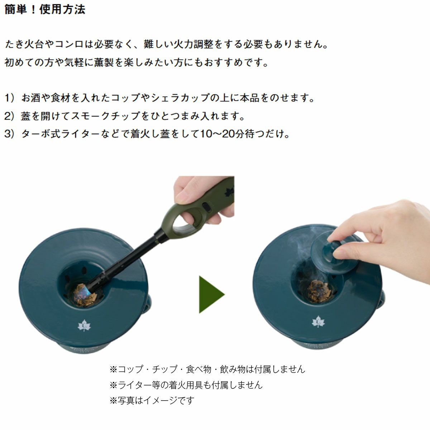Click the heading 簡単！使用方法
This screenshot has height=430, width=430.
click(45, 10)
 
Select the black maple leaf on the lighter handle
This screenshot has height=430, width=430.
click(230, 191)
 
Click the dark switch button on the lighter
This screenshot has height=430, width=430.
click(207, 207)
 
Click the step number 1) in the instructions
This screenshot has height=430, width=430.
click(9, 98)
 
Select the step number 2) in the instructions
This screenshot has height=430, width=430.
click(10, 116)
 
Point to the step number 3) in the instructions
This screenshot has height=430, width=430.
click(10, 134)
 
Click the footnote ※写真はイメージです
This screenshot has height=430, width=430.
click(152, 400)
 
